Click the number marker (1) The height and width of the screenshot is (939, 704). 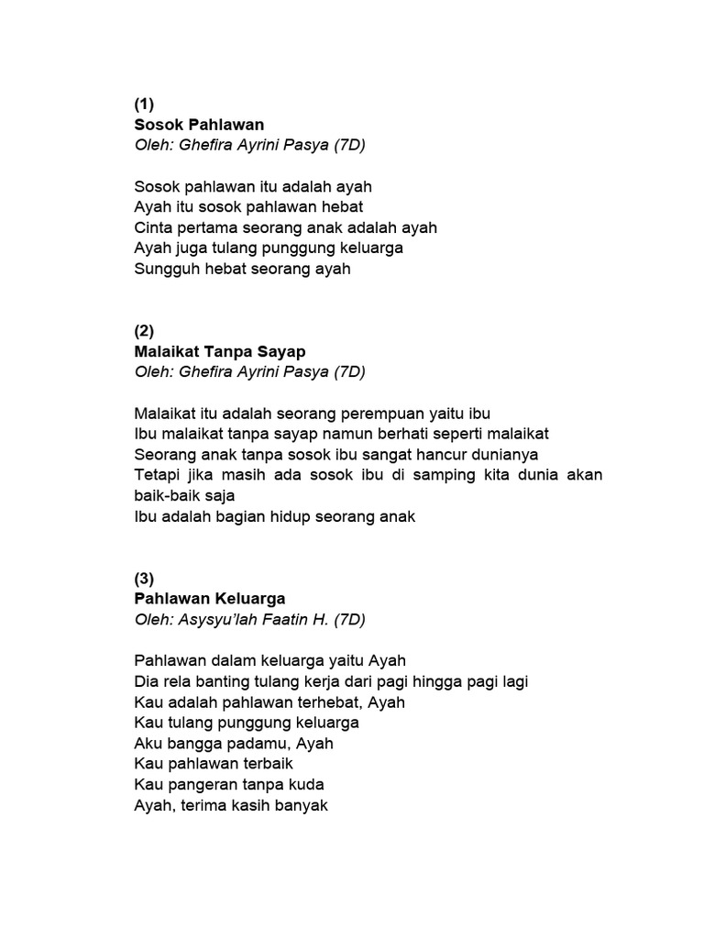point(144,104)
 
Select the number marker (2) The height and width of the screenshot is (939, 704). point(144,330)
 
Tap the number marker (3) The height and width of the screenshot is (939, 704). point(144,578)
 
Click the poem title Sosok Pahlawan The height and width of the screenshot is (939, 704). point(199,124)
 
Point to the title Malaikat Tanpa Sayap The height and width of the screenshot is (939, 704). point(220,351)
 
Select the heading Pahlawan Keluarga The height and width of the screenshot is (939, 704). point(210,599)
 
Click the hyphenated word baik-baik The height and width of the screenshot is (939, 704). point(168,496)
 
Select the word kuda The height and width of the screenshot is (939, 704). point(306,785)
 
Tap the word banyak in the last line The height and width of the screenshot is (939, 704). point(300,806)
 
